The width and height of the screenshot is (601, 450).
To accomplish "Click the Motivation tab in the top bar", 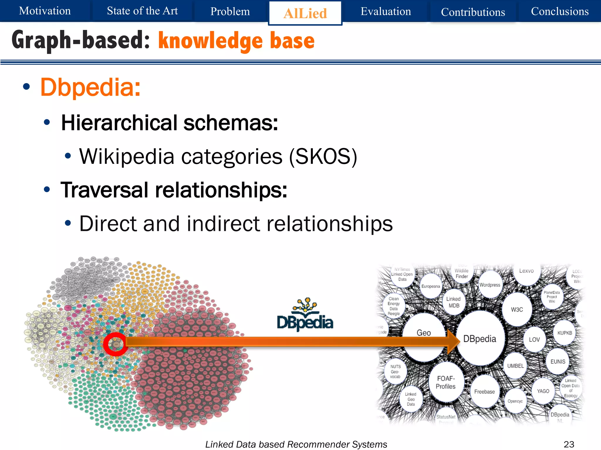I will coord(45,11).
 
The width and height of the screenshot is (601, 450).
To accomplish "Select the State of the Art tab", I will coord(142,11).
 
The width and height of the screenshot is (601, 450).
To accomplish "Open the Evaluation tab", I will coord(386,11).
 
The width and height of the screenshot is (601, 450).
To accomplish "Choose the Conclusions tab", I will coord(560,11).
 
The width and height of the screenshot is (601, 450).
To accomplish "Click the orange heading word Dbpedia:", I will coord(90,87).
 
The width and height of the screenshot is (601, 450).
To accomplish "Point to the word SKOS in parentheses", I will coord(323,156).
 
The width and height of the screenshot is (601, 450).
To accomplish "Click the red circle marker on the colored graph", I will coord(116,344).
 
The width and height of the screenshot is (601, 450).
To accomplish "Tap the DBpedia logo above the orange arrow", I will coord(305,315).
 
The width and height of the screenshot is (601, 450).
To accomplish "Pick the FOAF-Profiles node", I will coord(446,382).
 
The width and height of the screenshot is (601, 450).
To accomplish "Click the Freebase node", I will coord(484,392).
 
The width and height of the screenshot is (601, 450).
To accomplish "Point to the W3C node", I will coord(517,310).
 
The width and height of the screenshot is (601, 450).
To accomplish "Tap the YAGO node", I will coord(543,391).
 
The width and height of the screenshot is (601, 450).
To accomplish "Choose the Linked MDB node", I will coord(454,302).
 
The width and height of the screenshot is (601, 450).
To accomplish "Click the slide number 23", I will coord(569,444).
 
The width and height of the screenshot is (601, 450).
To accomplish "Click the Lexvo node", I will coord(526,271).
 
